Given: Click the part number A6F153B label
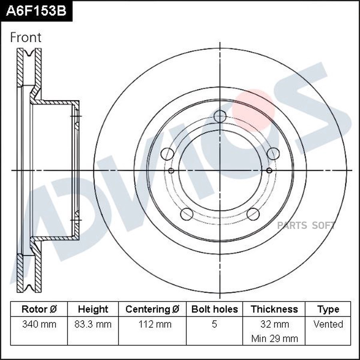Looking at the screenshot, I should pyautogui.click(x=36, y=11).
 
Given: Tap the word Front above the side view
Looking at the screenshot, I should pyautogui.click(x=26, y=38).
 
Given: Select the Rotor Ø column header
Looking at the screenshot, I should pyautogui.click(x=39, y=309).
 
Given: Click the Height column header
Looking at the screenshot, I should pyautogui.click(x=93, y=309).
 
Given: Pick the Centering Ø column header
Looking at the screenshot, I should pyautogui.click(x=152, y=309).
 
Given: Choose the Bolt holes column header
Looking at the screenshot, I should pyautogui.click(x=214, y=309).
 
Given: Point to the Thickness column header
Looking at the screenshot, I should pyautogui.click(x=274, y=309).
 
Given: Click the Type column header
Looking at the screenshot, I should pyautogui.click(x=328, y=309).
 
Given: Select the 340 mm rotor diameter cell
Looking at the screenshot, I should pyautogui.click(x=39, y=324).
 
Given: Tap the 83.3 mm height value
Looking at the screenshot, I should pyautogui.click(x=93, y=324).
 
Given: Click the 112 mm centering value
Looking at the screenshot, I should pyautogui.click(x=152, y=324).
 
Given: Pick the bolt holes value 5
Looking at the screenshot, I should pyautogui.click(x=214, y=324).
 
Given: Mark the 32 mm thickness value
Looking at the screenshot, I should pyautogui.click(x=274, y=324).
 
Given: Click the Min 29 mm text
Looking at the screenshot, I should pyautogui.click(x=274, y=338).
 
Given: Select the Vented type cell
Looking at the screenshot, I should pyautogui.click(x=328, y=324).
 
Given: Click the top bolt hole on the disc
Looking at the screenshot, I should pyautogui.click(x=220, y=116).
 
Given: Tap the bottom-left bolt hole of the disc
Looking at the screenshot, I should pyautogui.click(x=187, y=214).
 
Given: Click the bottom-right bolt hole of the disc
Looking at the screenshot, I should pyautogui.click(x=253, y=214).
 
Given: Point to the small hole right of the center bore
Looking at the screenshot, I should pyautogui.click(x=269, y=171).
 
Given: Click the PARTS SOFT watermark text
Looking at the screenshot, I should pyautogui.click(x=306, y=225).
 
